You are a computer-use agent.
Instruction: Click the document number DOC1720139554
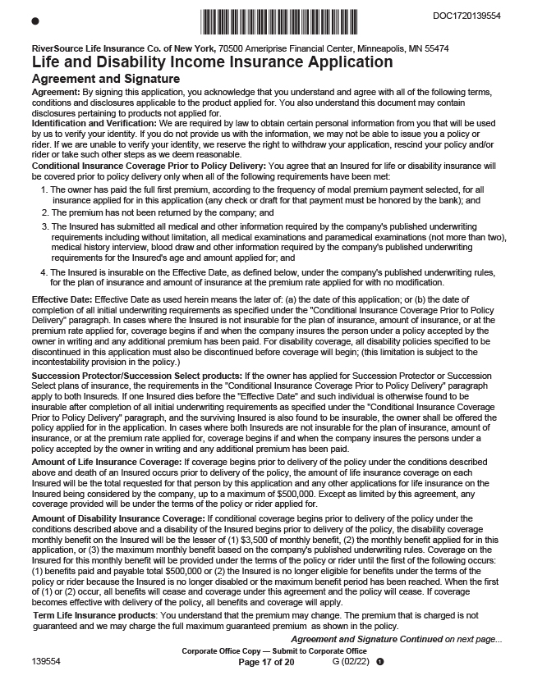pyautogui.click(x=465, y=16)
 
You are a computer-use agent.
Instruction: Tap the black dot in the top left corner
pyautogui.click(x=34, y=20)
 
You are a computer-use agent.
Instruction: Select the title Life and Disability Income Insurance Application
pyautogui.click(x=212, y=62)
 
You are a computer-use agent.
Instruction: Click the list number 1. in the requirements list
pyautogui.click(x=44, y=189)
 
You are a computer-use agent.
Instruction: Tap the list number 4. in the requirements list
pyautogui.click(x=44, y=272)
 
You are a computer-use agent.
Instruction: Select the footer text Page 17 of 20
pyautogui.click(x=265, y=661)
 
